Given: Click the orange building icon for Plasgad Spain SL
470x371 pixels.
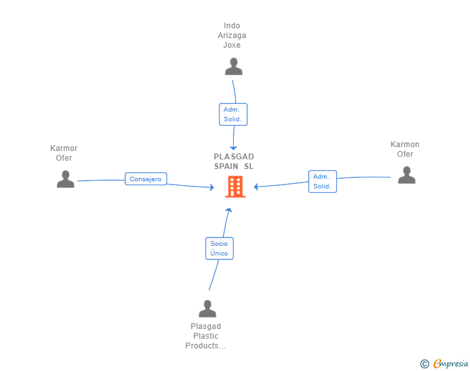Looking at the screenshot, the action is coord(235,186).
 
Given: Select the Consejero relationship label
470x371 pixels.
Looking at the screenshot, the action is coord(146,179).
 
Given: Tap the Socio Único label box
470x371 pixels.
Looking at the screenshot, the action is coord(220,248).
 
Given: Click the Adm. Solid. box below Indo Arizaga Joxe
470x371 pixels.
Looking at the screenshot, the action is coord(233,114).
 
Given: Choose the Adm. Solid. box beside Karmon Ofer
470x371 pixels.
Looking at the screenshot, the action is coord(323,181).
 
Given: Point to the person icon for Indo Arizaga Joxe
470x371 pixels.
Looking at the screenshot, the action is coord(234,66).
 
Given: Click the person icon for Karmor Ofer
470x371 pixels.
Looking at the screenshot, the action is coord(65,179).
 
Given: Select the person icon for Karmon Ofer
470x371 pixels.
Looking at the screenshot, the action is coord(407,175).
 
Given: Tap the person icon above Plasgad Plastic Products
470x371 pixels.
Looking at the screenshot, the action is coord(207,308).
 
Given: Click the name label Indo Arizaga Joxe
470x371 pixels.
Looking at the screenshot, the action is coord(232,35).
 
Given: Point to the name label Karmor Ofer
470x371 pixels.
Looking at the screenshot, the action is coord(64,153).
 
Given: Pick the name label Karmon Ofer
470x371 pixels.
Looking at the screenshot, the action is coord(405,149).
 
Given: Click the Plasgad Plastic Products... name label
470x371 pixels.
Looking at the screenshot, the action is coord(205,336).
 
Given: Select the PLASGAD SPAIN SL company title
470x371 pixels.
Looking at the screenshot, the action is coord(234,161).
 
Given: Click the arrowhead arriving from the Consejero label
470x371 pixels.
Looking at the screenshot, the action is coord(212,188).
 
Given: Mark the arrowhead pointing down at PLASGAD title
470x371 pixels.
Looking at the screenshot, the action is coord(234,148).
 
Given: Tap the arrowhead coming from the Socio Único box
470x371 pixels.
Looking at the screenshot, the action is coord(229,210).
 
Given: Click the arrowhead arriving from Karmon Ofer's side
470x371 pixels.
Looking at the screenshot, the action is coord(256,187).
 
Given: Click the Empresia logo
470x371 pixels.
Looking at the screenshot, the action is coord(451,364).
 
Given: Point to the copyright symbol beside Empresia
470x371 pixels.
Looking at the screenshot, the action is coord(425,364).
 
